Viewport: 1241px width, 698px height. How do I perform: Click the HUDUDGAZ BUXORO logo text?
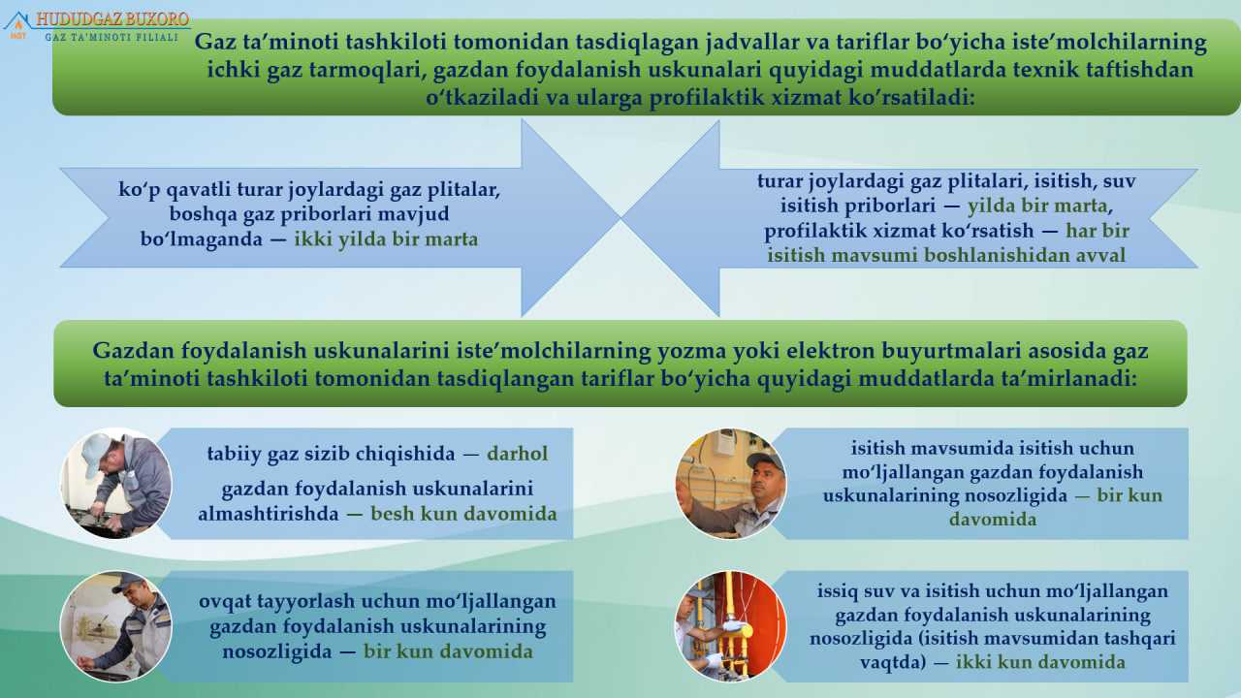112,19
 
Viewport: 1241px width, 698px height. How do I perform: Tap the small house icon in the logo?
17,24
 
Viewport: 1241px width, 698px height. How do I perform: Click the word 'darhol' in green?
518,454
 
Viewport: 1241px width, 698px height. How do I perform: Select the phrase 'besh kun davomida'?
463,514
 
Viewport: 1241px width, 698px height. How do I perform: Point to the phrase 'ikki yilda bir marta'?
386,239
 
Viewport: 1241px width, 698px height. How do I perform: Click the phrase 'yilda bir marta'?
1037,206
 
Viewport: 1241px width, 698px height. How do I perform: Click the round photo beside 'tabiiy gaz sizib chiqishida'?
115,484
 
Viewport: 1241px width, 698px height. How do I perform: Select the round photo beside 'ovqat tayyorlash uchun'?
115,626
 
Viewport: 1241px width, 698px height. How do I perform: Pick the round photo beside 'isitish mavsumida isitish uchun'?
731,484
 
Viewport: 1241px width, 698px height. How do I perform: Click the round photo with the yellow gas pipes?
731,626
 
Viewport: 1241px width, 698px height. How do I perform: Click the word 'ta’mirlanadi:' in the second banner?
1078,379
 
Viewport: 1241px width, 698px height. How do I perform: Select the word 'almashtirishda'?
269,514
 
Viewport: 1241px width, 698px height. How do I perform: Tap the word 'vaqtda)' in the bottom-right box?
893,662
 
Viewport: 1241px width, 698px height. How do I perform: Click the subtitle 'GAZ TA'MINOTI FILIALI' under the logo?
111,37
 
